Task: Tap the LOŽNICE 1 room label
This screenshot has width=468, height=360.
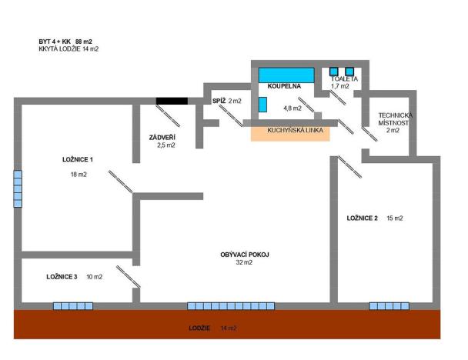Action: tap(78, 160)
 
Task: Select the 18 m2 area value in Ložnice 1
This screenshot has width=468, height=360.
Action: tap(78, 175)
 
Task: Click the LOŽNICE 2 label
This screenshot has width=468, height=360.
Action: tap(362, 218)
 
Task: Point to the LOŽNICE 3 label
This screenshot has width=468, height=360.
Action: tap(62, 276)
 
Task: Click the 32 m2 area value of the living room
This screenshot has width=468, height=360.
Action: tap(244, 262)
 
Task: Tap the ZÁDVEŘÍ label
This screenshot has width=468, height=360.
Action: tap(166, 137)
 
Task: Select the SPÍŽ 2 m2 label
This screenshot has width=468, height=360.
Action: tap(227, 101)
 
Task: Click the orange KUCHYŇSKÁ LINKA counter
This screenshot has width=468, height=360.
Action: tap(290, 132)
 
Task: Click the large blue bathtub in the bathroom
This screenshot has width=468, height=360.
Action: tap(286, 75)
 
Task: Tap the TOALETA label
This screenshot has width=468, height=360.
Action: tap(344, 79)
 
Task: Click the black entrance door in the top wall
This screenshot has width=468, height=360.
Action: tap(172, 100)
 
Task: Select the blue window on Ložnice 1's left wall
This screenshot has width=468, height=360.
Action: tap(18, 188)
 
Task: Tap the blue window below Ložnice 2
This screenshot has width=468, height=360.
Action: tap(389, 305)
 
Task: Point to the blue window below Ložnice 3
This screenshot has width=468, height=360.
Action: tap(73, 305)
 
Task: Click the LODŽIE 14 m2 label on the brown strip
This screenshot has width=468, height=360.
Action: tap(212, 328)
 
